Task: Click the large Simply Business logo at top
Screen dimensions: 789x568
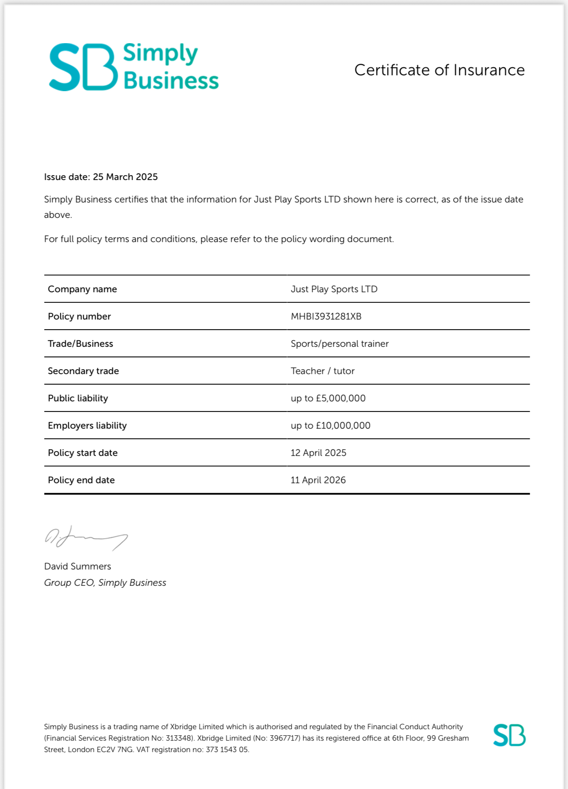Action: pos(133,67)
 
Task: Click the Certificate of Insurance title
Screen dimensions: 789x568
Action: pos(439,70)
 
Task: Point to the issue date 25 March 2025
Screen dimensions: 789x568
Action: pos(125,177)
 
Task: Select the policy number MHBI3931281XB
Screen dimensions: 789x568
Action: pos(326,316)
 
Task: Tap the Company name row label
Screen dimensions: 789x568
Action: pos(82,289)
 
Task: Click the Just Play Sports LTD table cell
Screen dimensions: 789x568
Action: pos(334,289)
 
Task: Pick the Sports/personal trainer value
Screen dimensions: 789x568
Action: pos(339,344)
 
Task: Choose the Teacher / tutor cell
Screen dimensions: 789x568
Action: pos(322,371)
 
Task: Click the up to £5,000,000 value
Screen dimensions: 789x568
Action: pos(328,398)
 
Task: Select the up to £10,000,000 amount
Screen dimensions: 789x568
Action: pos(330,426)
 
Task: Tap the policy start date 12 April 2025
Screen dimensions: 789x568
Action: pos(318,453)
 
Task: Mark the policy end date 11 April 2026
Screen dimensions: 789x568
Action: pos(318,480)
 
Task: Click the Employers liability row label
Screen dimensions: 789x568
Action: pos(87,426)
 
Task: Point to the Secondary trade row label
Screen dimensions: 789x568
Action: pos(83,371)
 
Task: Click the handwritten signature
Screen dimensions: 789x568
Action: pos(86,538)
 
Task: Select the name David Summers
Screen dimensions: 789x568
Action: pos(77,566)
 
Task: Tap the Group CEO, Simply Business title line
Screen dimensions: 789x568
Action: pos(105,583)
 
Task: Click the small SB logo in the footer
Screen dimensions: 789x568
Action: pos(509,735)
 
